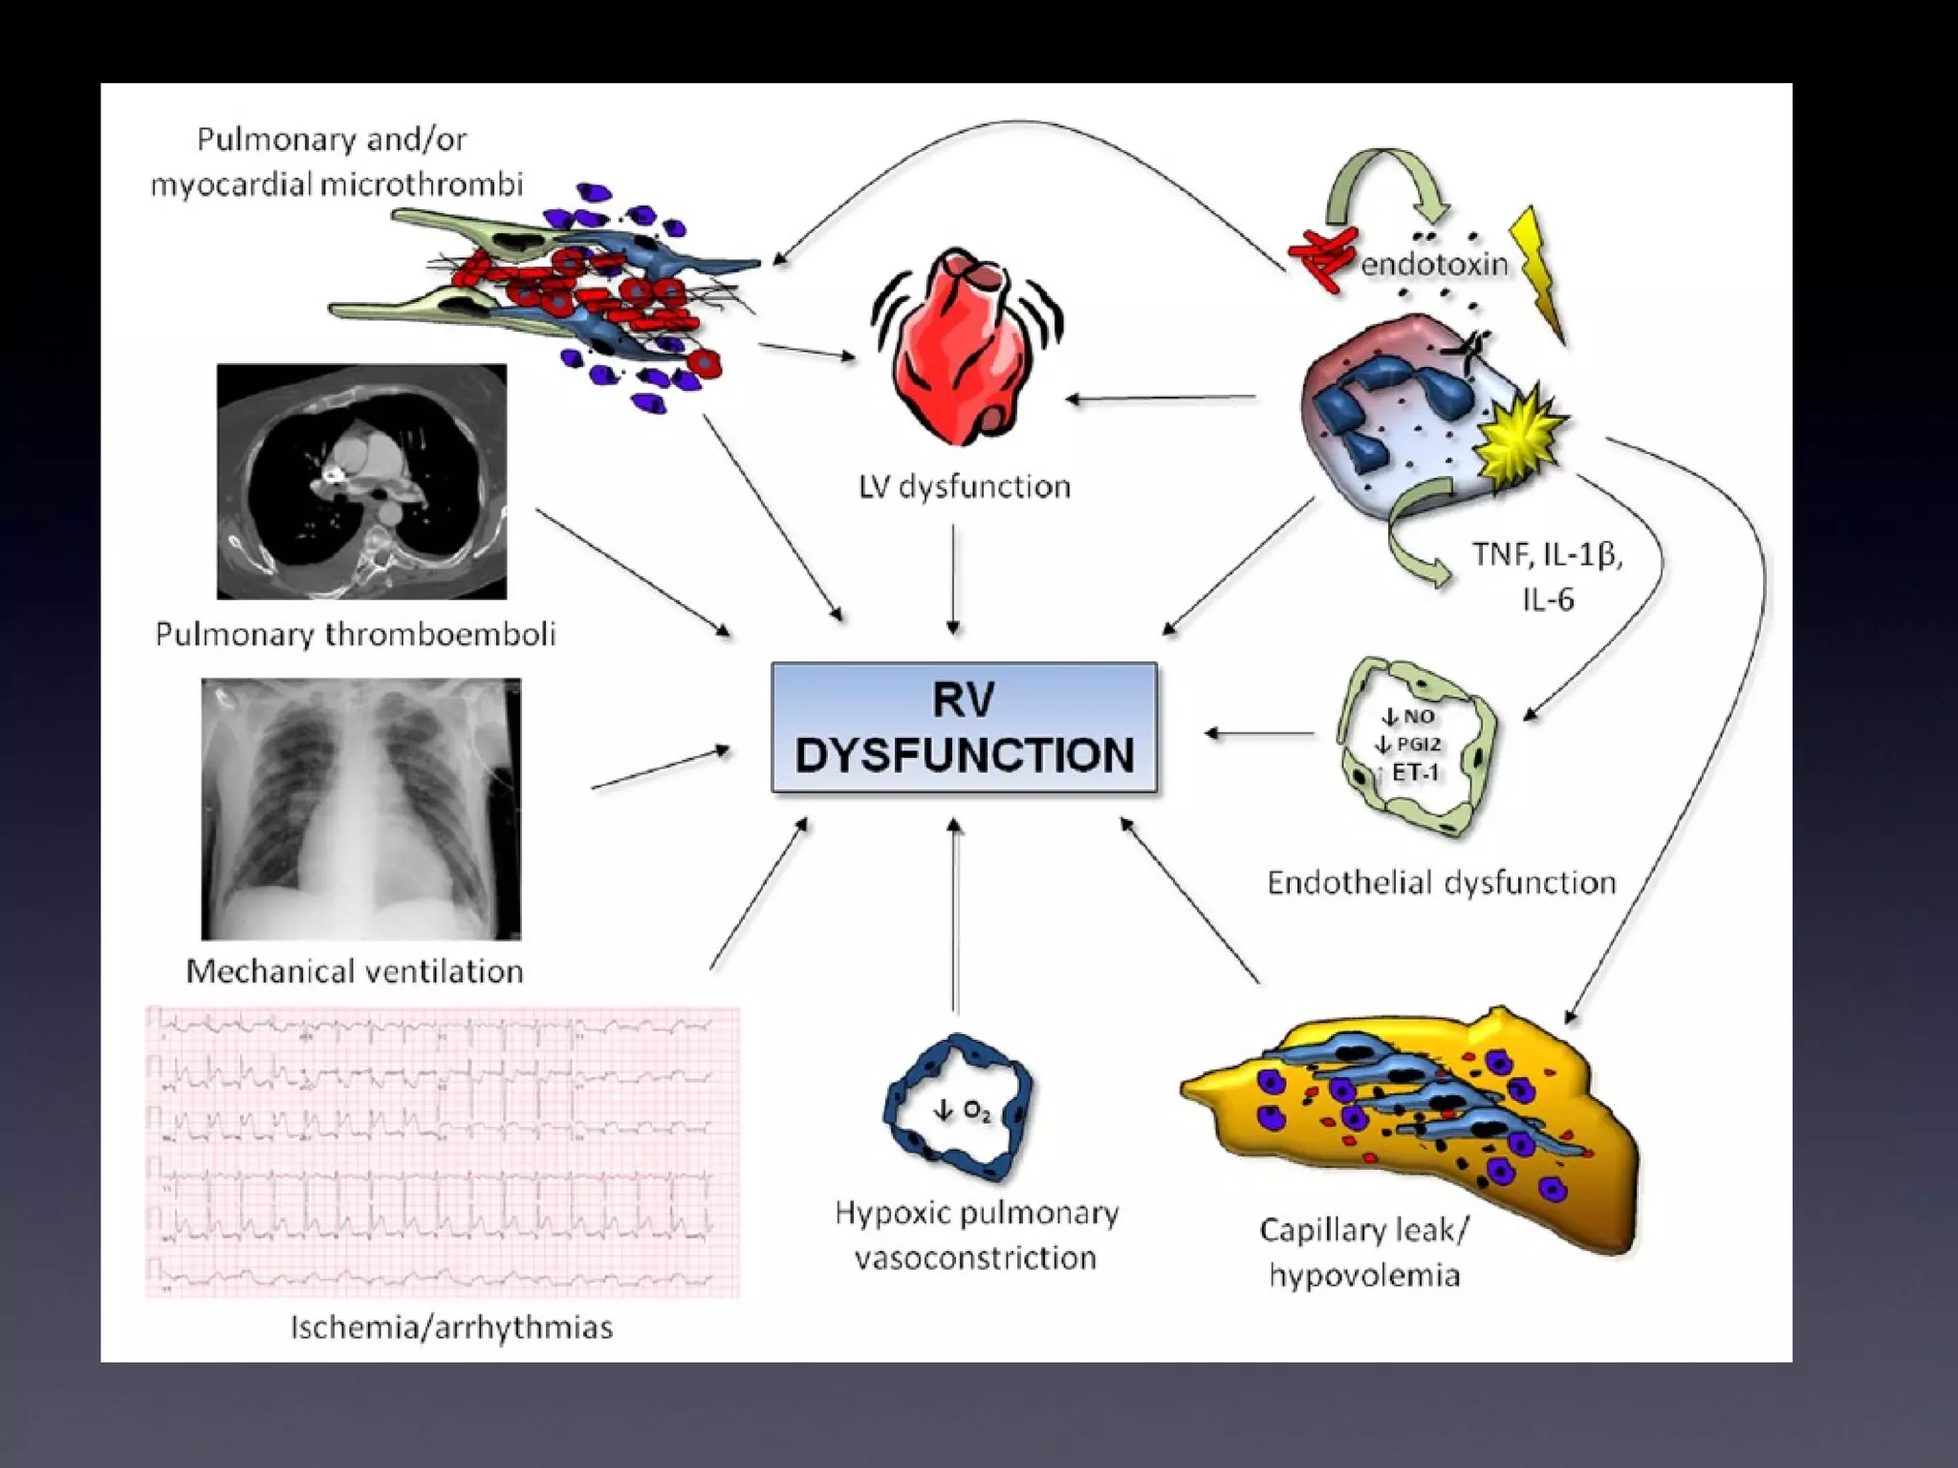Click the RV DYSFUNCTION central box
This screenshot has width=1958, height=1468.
point(964,727)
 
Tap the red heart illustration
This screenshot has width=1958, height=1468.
point(966,349)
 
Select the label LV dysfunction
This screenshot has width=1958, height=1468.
point(964,487)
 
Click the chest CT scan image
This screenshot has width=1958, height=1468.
point(361,482)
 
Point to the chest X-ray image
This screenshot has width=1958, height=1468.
point(360,809)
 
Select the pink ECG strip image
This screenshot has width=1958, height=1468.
point(442,1152)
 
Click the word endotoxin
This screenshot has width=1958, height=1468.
point(1433,264)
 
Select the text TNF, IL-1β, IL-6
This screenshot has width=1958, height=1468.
point(1547,576)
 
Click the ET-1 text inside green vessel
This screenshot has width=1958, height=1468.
point(1415,772)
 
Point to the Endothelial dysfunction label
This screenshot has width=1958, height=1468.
point(1441,882)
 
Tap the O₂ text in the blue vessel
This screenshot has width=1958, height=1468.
point(975,1111)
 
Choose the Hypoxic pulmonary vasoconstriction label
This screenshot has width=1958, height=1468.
point(975,1235)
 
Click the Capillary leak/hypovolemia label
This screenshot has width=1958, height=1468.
point(1364,1252)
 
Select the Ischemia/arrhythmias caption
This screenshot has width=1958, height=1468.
point(451,1328)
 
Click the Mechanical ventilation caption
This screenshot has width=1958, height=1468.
point(355,971)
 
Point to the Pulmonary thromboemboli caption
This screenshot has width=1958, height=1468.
point(355,635)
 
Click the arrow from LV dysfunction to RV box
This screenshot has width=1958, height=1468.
point(953,578)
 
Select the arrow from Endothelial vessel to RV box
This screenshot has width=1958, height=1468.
point(1259,733)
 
